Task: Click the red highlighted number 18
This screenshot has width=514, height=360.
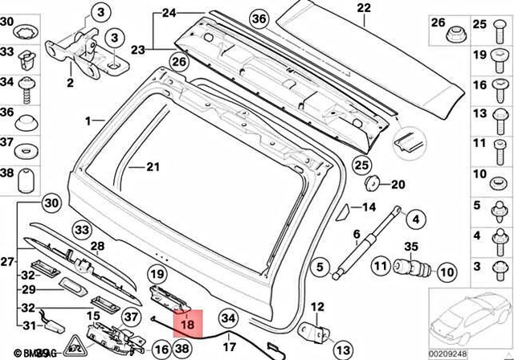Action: coord(189,324)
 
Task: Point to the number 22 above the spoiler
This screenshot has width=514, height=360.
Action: coord(364,9)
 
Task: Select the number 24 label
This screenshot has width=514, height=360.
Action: coord(168,14)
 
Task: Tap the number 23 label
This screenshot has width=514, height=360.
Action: coord(137,50)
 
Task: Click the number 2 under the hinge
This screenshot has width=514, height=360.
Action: coord(70,82)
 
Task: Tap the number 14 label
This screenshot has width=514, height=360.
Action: coord(368,207)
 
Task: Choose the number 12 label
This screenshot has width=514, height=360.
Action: coord(316,307)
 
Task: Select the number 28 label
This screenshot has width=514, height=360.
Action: coord(97,246)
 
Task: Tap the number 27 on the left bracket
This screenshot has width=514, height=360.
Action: coord(8,262)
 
